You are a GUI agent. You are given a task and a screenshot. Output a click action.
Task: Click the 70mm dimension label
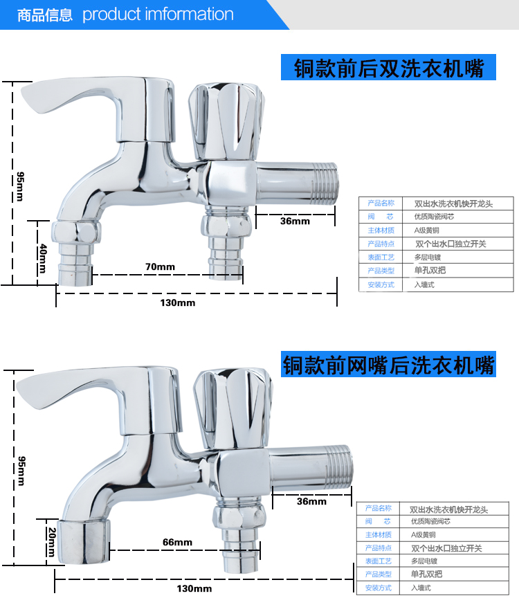(160, 266)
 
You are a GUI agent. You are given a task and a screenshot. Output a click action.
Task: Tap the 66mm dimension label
(178, 542)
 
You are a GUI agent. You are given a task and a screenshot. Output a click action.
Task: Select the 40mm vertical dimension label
(43, 255)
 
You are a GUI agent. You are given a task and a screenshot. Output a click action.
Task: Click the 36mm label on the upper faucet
(295, 221)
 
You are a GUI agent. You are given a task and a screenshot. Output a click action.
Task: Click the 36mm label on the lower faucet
(311, 501)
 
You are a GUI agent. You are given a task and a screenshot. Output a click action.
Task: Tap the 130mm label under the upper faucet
(178, 302)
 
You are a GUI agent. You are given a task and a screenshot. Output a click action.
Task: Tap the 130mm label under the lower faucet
(194, 588)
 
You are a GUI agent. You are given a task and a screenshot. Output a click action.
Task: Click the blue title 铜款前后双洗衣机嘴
(388, 69)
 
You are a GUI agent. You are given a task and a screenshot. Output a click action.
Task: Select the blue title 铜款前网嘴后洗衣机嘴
(388, 365)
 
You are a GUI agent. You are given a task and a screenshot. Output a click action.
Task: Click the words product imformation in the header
(158, 15)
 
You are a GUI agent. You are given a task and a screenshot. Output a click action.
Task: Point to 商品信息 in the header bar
(44, 15)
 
